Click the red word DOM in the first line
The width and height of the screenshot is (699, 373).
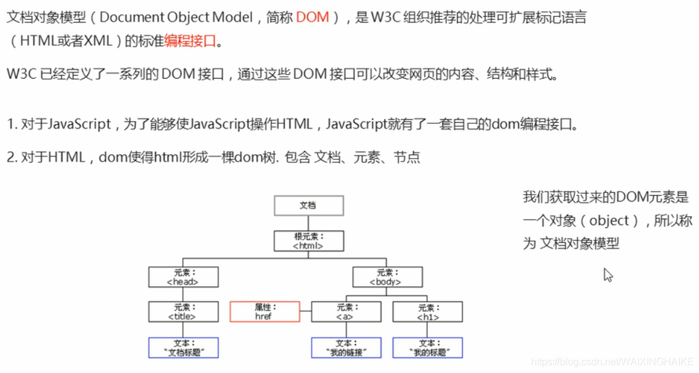click(313, 17)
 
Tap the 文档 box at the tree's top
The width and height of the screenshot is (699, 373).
click(308, 205)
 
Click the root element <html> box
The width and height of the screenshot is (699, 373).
click(308, 240)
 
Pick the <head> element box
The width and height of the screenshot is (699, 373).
click(183, 276)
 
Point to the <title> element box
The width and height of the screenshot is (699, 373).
click(183, 311)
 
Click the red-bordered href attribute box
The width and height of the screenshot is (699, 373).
click(264, 311)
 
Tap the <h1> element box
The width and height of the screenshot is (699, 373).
click(427, 311)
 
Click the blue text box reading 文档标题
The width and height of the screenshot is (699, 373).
click(183, 347)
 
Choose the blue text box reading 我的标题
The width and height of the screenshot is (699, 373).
click(427, 347)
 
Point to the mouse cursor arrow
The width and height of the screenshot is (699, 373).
click(607, 274)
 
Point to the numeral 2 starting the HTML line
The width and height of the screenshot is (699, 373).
click(11, 157)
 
